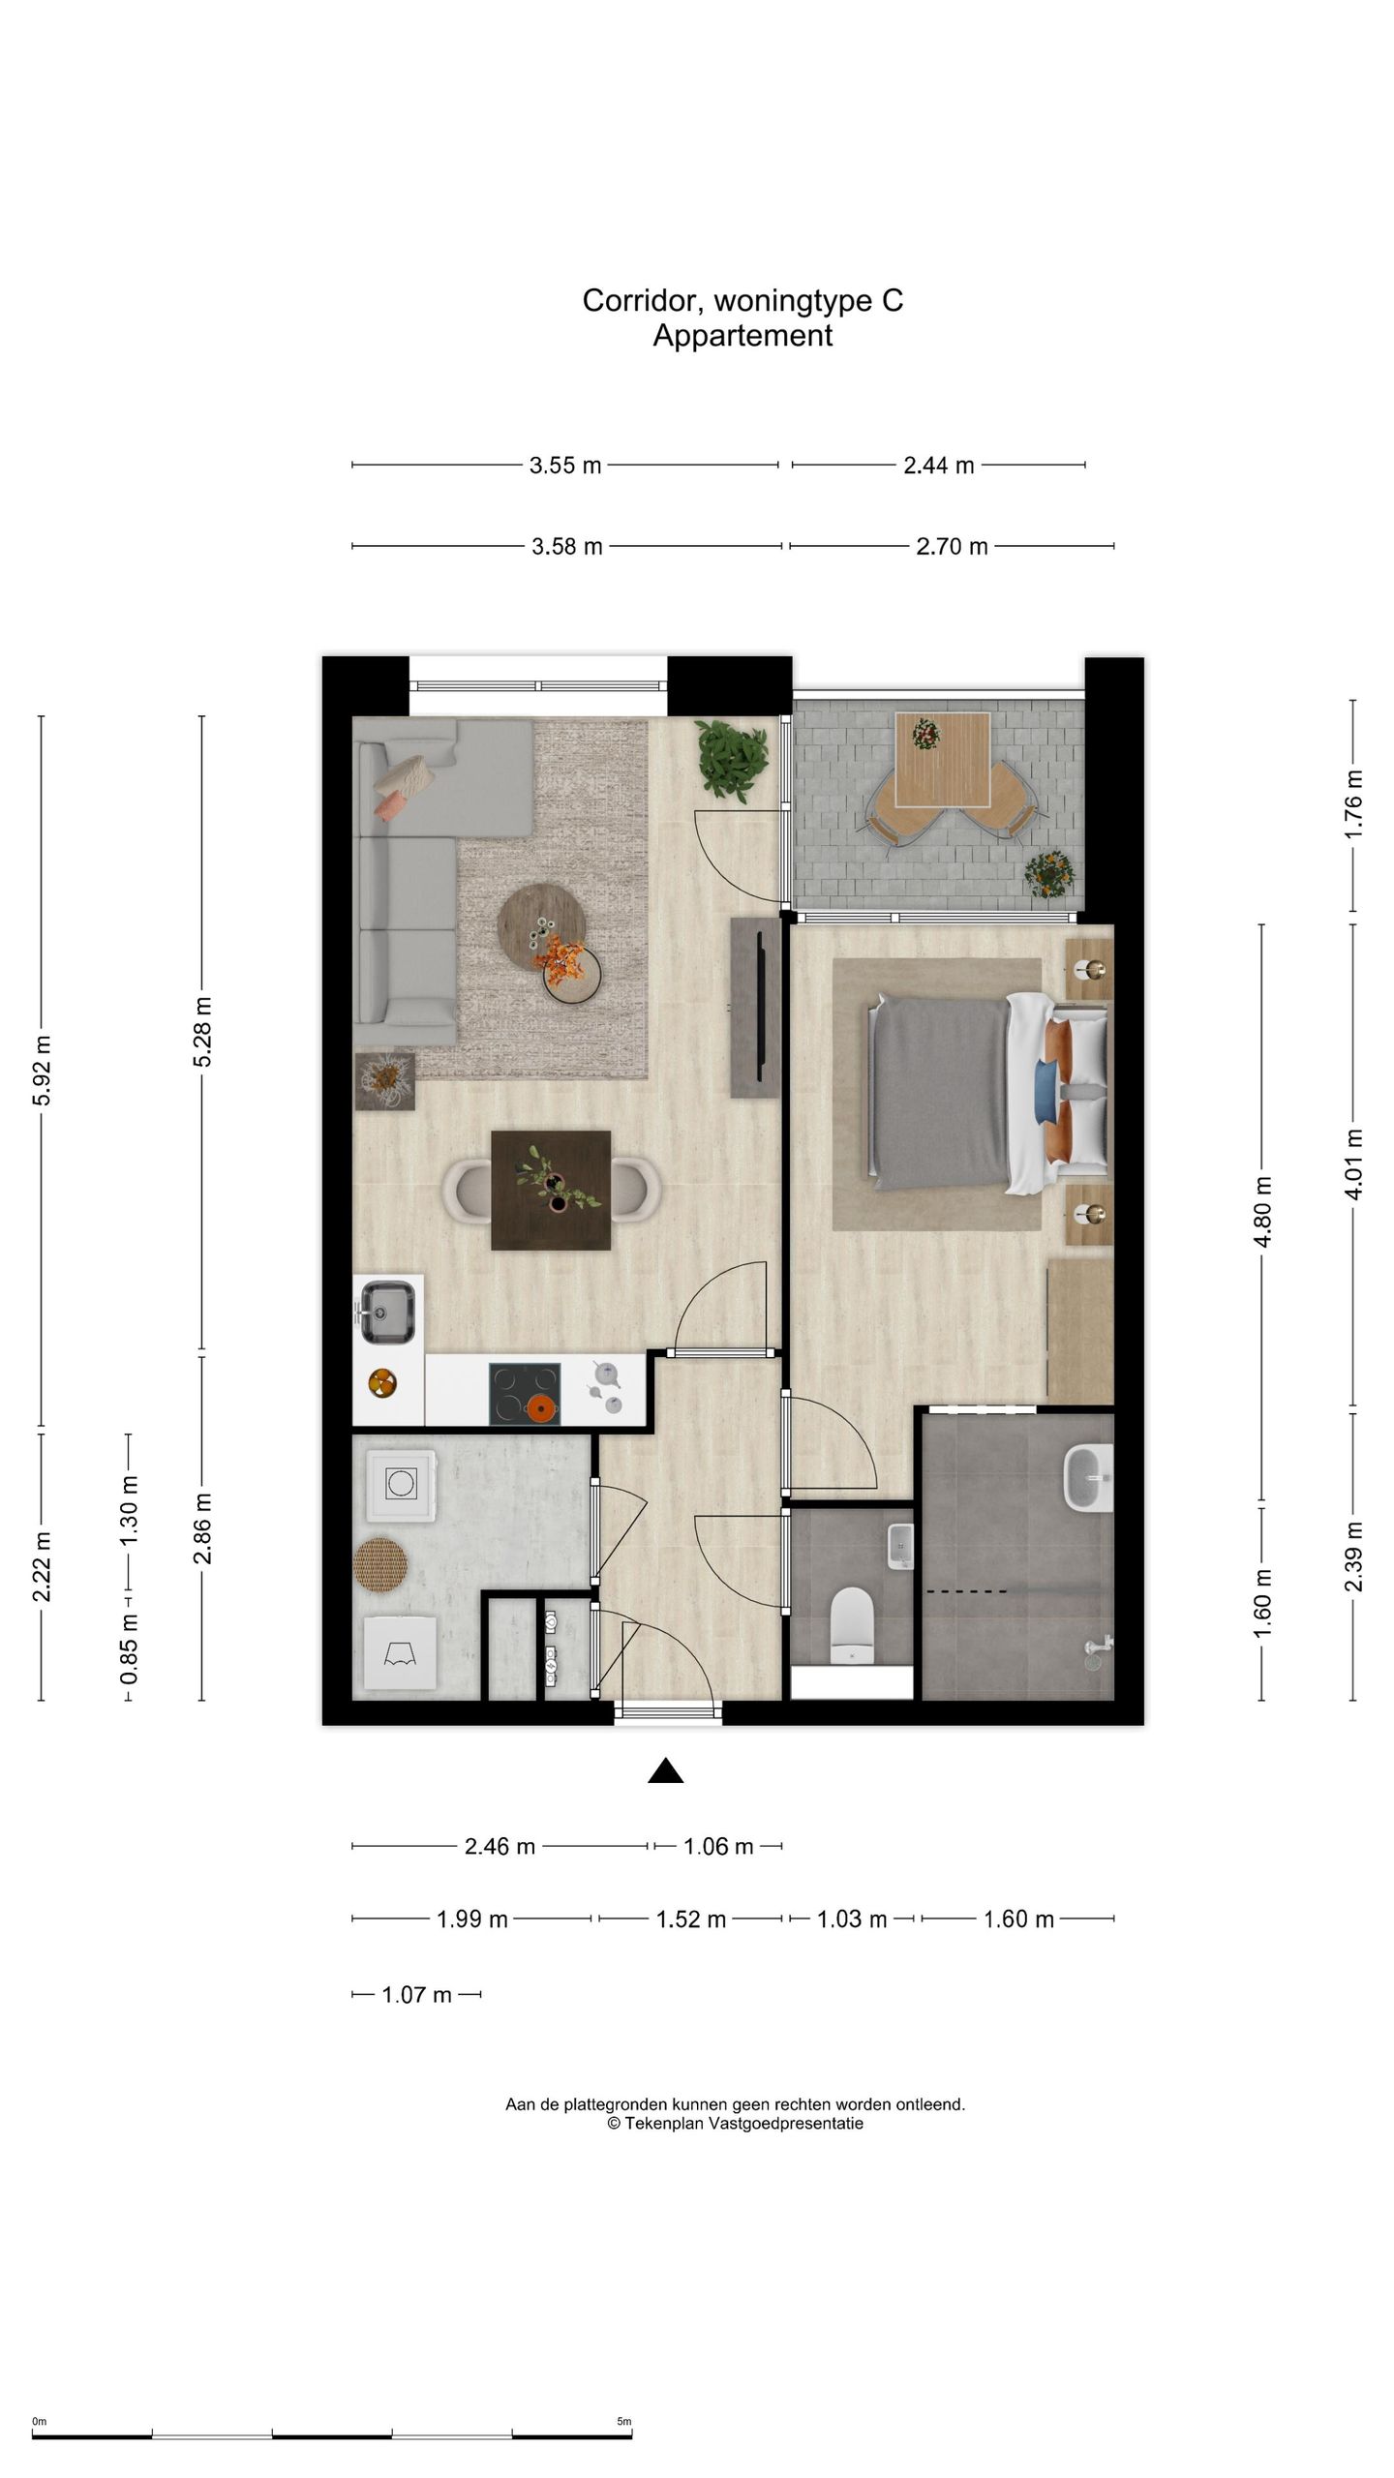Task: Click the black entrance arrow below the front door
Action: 665,1770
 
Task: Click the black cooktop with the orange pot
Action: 525,1394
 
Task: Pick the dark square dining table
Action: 551,1190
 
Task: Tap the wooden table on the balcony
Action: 942,760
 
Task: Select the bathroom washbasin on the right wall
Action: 1088,1478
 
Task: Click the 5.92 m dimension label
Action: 42,1071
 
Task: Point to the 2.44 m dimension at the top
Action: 938,466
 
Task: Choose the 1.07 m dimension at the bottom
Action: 416,1995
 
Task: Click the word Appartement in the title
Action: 742,336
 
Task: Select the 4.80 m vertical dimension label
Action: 1262,1213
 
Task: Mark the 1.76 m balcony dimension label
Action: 1353,804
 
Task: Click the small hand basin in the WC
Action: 900,1546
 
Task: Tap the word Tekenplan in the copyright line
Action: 664,2124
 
